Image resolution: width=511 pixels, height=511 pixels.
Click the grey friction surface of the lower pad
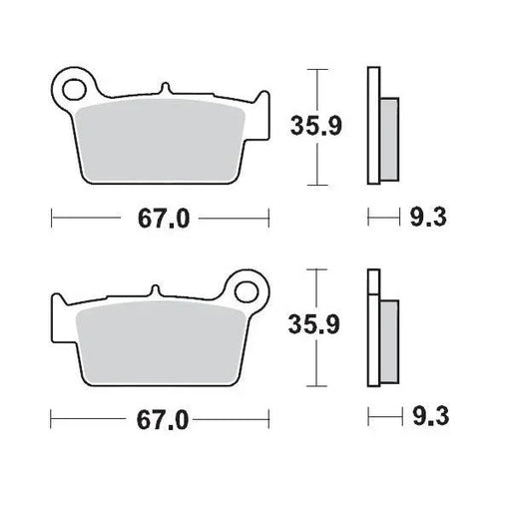(x=160, y=339)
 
